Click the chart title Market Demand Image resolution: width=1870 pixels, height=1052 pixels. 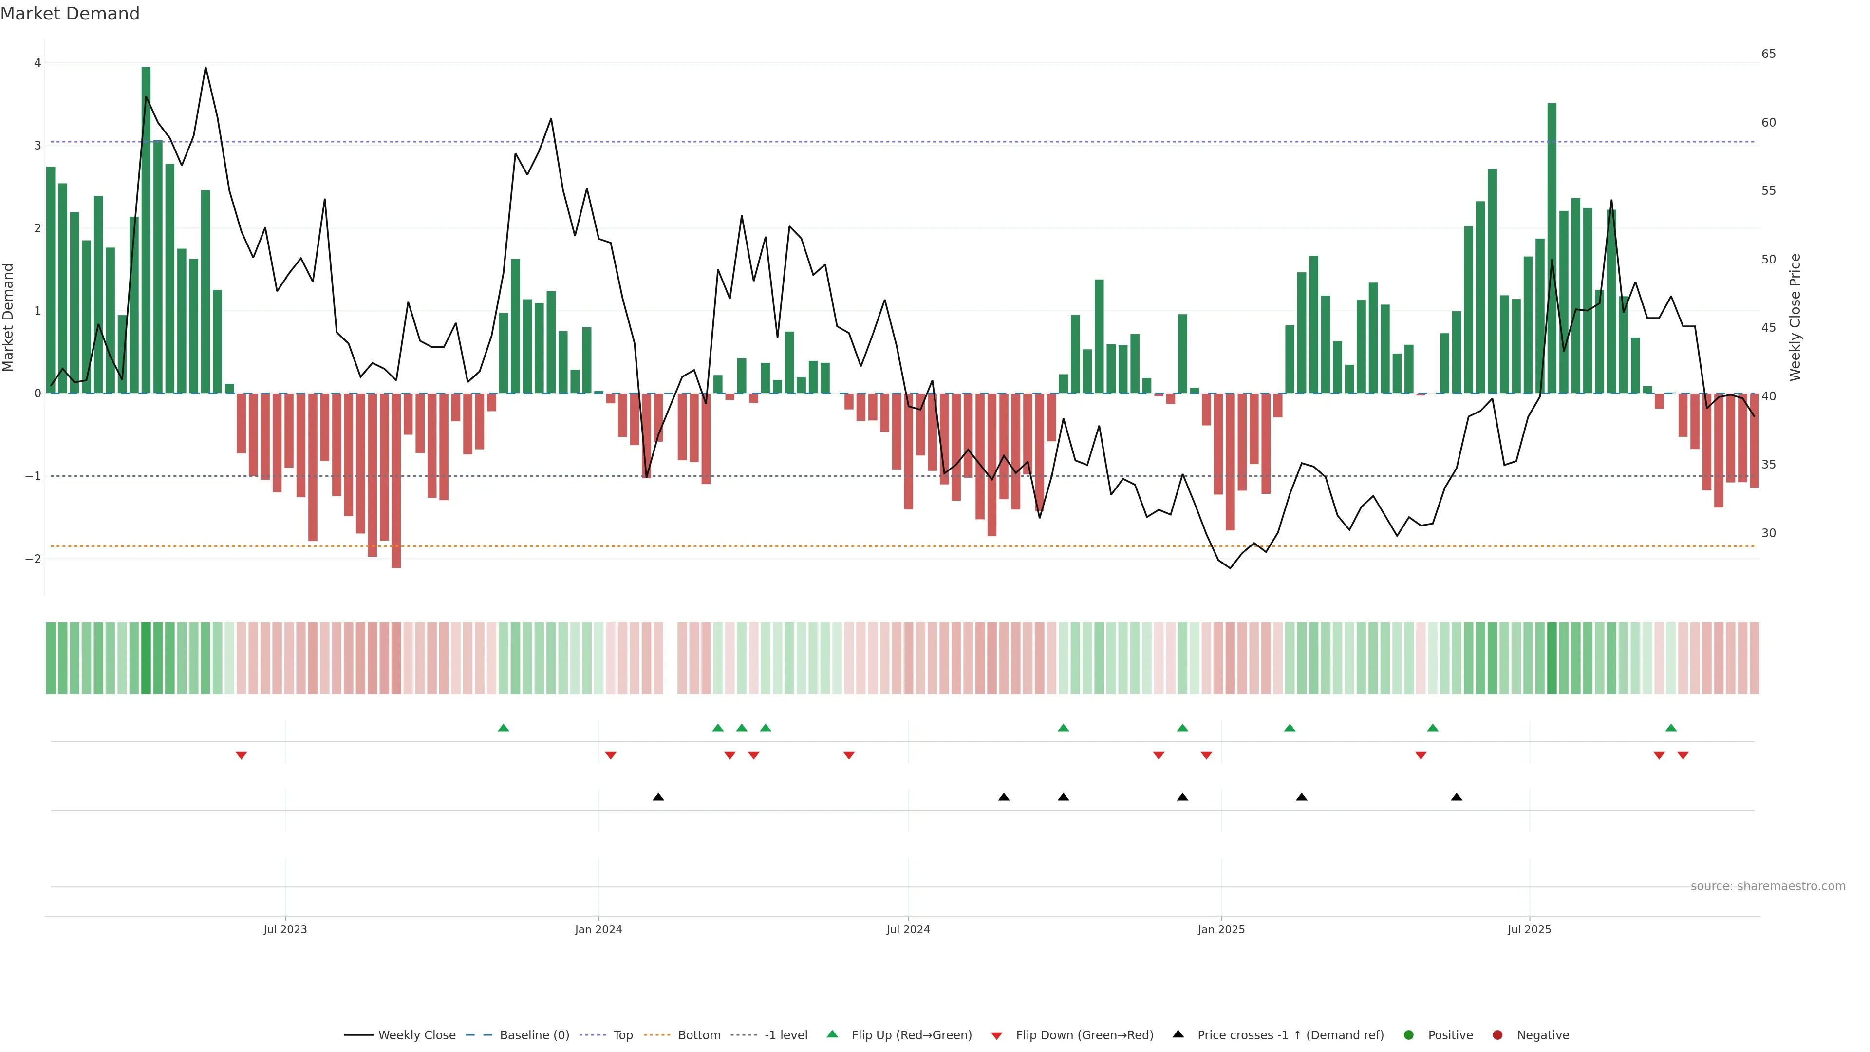click(x=70, y=14)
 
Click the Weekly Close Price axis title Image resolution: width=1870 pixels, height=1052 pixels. click(x=1795, y=317)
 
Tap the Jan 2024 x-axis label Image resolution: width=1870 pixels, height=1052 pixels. click(x=598, y=929)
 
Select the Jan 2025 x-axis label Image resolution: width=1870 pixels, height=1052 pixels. click(x=1221, y=929)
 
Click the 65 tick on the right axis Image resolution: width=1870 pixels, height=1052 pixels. click(x=1768, y=54)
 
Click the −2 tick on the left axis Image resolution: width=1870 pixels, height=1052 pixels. click(x=34, y=559)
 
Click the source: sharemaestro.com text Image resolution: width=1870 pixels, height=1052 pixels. click(x=1768, y=886)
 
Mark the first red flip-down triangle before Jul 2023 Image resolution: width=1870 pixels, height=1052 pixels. click(x=242, y=756)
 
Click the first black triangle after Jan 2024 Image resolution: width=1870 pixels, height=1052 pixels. click(x=658, y=797)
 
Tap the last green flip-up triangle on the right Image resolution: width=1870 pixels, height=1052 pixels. click(x=1671, y=728)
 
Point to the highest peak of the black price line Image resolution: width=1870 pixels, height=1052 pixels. click(x=206, y=68)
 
